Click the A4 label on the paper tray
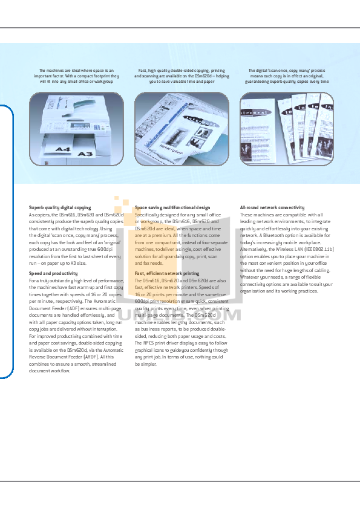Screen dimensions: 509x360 (x=64, y=149)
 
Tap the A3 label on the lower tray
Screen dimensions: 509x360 (x=83, y=154)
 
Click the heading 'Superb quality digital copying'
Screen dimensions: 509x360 (x=60, y=207)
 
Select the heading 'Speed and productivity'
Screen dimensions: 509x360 (x=53, y=274)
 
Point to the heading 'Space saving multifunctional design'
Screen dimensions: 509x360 (x=172, y=207)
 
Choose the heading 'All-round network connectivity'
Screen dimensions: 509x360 (x=272, y=207)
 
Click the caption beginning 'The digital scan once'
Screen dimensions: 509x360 (x=287, y=74)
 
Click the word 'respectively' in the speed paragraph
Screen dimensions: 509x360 (x=68, y=302)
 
